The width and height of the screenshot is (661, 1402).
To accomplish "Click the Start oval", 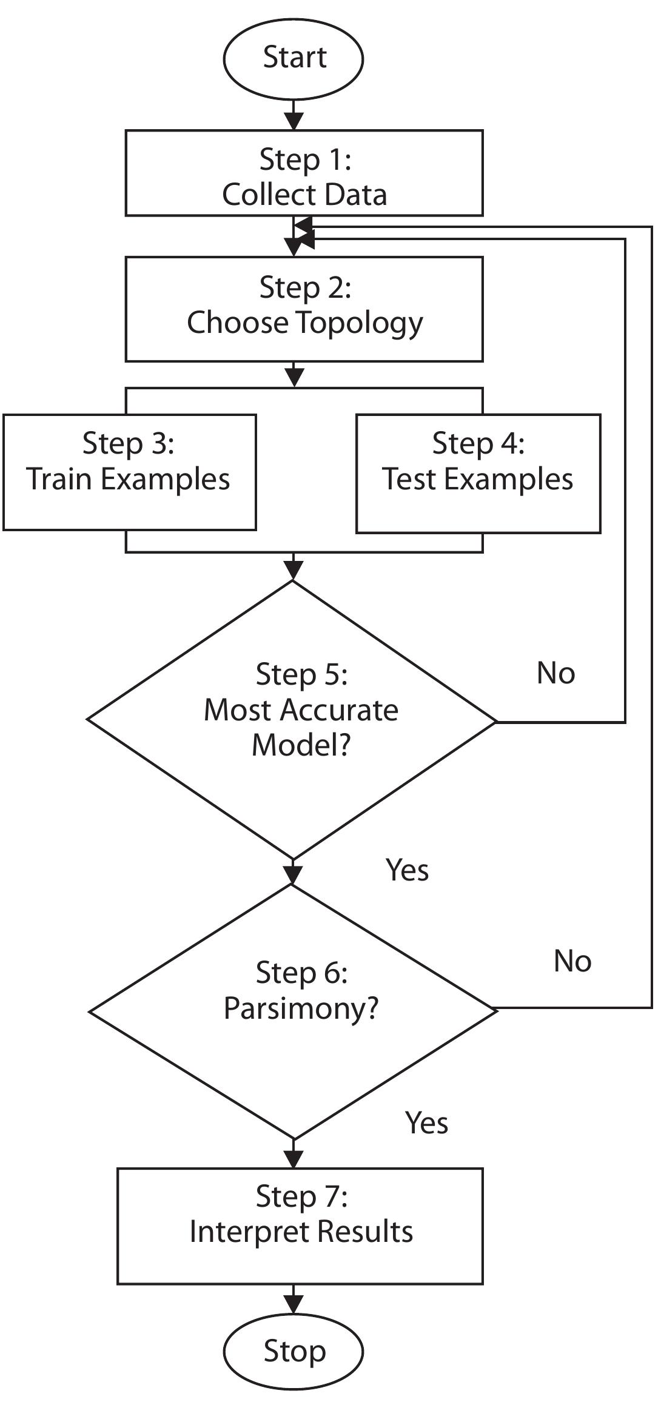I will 294,58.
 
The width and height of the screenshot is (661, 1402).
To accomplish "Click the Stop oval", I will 294,1351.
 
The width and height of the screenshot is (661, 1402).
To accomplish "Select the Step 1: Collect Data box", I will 304,173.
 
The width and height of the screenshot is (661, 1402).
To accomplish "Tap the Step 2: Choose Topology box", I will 304,309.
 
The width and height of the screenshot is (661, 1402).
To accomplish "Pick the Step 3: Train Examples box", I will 129,472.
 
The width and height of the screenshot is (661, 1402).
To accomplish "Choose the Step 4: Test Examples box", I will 478,473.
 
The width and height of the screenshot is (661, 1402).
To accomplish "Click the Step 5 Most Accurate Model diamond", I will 293,720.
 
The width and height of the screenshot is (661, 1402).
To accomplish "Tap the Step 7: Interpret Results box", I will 300,1226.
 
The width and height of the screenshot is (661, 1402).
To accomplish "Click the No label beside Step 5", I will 555,673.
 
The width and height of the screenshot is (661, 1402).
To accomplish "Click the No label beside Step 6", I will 572,961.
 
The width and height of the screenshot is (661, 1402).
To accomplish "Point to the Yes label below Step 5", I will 407,870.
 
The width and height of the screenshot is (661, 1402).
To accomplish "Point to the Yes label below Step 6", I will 426,1123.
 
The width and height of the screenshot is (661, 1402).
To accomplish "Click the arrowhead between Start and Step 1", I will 294,122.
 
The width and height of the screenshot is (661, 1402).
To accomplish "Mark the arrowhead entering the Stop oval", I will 294,1305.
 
